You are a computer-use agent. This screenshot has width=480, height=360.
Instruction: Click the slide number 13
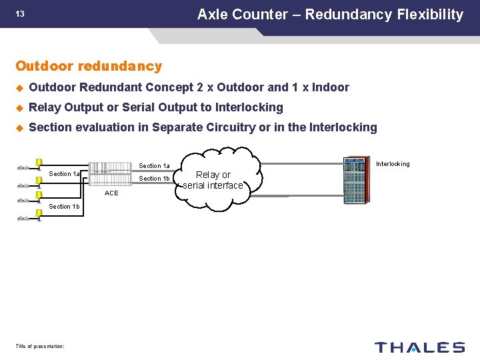pos(20,14)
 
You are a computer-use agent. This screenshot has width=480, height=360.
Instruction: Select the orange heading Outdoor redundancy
pos(89,66)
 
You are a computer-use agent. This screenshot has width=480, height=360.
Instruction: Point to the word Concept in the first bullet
pos(167,87)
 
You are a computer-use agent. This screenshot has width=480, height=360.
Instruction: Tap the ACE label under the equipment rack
pos(111,193)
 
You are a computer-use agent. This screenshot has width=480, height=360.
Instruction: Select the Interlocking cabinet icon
pos(355,181)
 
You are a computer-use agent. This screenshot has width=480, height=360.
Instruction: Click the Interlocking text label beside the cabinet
pos(393,164)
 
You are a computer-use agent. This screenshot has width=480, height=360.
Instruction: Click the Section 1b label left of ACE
pos(64,207)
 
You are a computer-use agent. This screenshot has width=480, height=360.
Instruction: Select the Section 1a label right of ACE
pos(154,166)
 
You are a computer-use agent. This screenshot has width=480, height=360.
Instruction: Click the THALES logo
pos(419,347)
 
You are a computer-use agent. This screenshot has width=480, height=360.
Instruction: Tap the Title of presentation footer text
pos(39,345)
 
